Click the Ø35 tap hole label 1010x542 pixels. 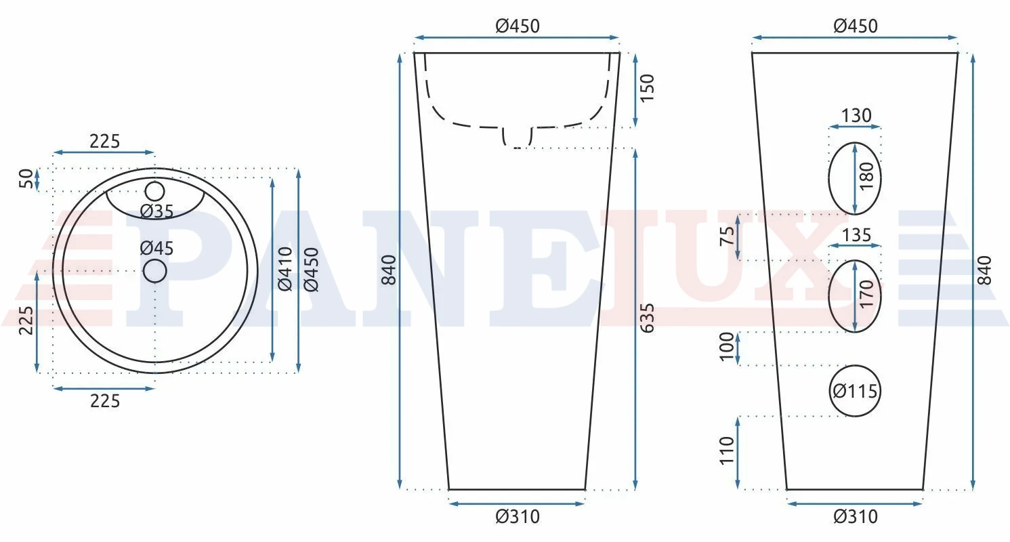[156, 211]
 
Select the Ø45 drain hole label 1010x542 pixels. [156, 248]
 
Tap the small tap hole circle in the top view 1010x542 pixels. [154, 191]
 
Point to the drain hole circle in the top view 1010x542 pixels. [154, 271]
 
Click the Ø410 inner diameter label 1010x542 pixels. [285, 269]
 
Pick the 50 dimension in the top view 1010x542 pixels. [26, 179]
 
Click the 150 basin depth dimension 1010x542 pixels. [647, 88]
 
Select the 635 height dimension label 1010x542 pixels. [647, 318]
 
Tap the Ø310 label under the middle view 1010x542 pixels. [517, 517]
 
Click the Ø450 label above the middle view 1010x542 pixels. [517, 26]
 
